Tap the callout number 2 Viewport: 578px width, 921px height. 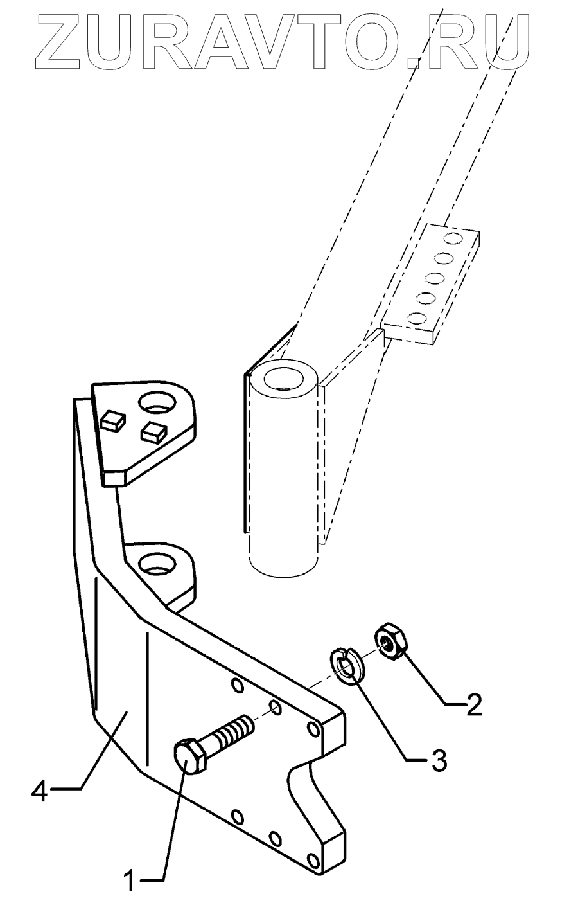473,706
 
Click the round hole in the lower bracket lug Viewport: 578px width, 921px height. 155,564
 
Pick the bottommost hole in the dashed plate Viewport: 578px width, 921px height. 418,317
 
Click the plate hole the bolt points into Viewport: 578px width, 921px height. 276,709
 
